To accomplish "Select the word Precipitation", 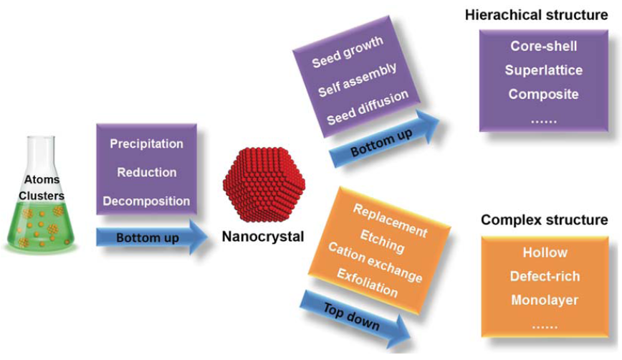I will tap(146, 143).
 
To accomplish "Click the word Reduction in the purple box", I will tap(146, 172).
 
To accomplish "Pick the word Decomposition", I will tap(146, 201).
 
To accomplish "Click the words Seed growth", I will tap(348, 52).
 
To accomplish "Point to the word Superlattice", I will tap(543, 70).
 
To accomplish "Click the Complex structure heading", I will tap(544, 219).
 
